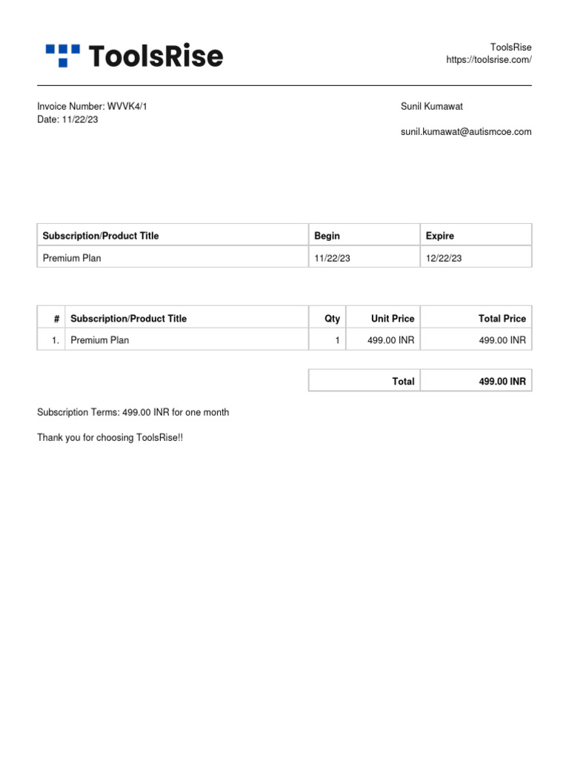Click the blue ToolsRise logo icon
62,55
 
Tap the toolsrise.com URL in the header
488,60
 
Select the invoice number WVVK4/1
127,107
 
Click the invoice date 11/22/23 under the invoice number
80,120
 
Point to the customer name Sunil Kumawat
431,107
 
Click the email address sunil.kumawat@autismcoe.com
466,132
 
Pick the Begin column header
327,236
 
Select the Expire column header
440,236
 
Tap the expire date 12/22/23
444,258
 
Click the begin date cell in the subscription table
332,258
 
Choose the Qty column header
333,319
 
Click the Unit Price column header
393,319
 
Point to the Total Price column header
502,319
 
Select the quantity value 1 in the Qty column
337,340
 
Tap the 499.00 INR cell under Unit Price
391,340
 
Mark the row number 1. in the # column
56,340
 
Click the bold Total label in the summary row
403,382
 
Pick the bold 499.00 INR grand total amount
502,382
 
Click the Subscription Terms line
133,412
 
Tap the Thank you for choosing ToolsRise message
110,438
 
